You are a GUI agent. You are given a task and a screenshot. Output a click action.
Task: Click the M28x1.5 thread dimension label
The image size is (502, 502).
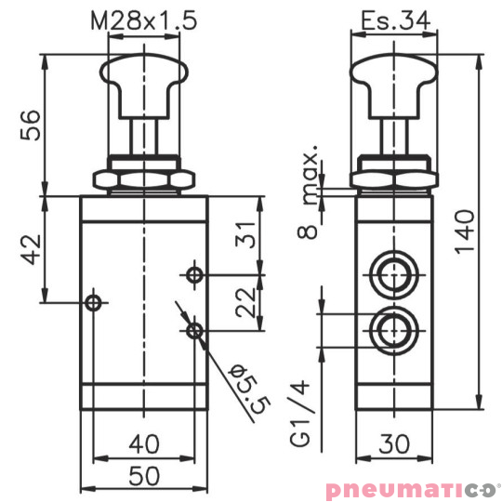144,20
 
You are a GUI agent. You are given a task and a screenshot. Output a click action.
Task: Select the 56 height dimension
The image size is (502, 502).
31,125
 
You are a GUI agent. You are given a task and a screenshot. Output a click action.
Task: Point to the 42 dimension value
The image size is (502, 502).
31,249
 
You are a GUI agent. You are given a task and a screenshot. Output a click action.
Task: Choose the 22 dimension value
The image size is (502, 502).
244,302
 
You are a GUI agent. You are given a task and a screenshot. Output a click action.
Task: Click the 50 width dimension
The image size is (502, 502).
143,475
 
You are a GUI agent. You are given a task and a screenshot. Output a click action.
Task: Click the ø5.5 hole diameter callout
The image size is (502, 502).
244,389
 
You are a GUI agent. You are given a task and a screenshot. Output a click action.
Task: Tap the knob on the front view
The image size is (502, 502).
143,78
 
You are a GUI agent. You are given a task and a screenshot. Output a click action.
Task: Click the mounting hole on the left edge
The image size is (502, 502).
92,301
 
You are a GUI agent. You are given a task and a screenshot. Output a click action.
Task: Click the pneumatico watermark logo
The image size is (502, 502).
413,489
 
